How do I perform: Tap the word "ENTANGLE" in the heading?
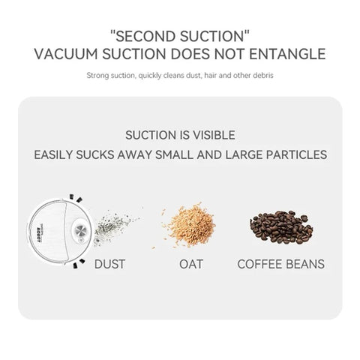pos(288,54)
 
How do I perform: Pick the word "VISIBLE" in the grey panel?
pos(211,136)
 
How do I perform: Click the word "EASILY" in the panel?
pos(56,156)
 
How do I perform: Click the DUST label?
pos(109,264)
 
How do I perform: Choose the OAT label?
pos(190,264)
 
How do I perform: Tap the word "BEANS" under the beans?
pos(307,264)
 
